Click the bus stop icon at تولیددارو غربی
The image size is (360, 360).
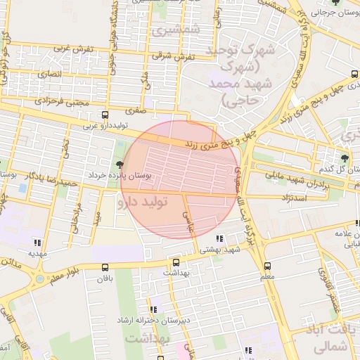coord(105,115)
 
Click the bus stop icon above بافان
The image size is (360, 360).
coord(105,267)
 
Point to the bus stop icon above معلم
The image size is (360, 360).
coord(267,266)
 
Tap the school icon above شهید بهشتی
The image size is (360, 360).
coord(220,239)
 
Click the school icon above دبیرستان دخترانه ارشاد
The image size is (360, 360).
coord(153,309)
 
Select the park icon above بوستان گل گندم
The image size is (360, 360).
coord(344,158)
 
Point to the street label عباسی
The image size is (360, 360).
coord(188,224)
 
